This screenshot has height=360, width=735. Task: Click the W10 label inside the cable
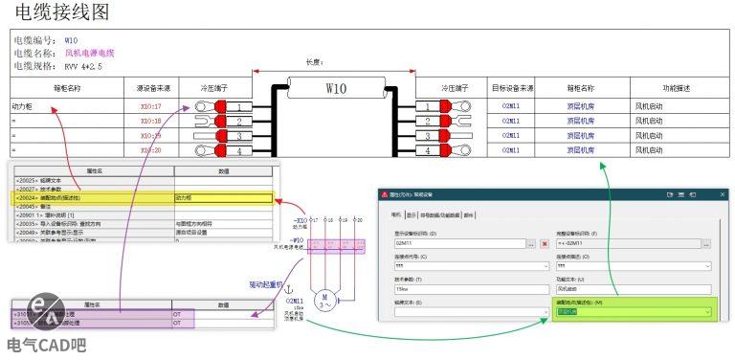pyautogui.click(x=335, y=88)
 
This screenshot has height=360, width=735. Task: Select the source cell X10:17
pyautogui.click(x=150, y=106)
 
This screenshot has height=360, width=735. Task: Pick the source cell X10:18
pyautogui.click(x=150, y=122)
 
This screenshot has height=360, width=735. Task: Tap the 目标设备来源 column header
pyautogui.click(x=512, y=88)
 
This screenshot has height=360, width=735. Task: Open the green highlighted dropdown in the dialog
pyautogui.click(x=634, y=312)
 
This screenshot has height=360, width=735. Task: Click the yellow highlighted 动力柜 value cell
pyautogui.click(x=222, y=198)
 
